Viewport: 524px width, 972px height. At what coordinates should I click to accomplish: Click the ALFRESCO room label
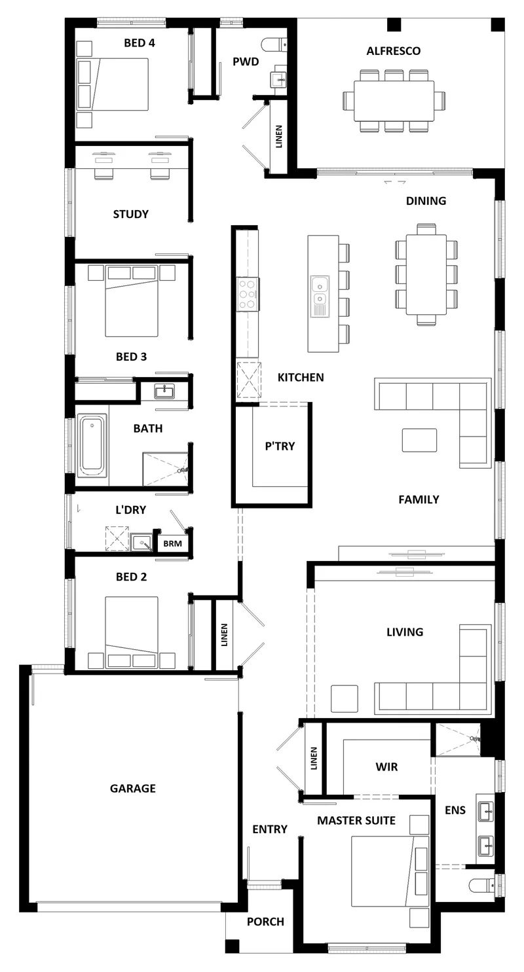[x=393, y=51]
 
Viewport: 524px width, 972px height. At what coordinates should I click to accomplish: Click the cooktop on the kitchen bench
[x=248, y=294]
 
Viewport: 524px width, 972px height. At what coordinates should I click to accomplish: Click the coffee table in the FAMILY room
[x=419, y=440]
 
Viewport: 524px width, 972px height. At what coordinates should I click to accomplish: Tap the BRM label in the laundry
[x=172, y=543]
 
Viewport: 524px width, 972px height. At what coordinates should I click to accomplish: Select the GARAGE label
[x=133, y=789]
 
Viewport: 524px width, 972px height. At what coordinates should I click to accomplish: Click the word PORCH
[x=266, y=922]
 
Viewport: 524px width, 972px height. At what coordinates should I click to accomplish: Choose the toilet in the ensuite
[x=483, y=884]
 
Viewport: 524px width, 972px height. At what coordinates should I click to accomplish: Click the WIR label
[x=387, y=766]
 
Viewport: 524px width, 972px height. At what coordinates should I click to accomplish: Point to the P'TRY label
[x=280, y=446]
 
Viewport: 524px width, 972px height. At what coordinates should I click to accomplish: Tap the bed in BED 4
[x=113, y=84]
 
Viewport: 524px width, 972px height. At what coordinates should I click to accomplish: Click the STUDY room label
[x=131, y=214]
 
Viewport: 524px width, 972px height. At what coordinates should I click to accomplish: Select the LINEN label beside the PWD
[x=279, y=137]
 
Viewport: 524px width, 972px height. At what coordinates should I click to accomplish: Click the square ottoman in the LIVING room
[x=345, y=698]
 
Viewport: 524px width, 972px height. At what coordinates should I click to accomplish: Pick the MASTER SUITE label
[x=356, y=821]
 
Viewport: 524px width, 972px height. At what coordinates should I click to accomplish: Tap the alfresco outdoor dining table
[x=394, y=101]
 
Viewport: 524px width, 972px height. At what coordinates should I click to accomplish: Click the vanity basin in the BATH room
[x=164, y=391]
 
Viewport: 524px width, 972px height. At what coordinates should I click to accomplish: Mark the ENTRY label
[x=270, y=829]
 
